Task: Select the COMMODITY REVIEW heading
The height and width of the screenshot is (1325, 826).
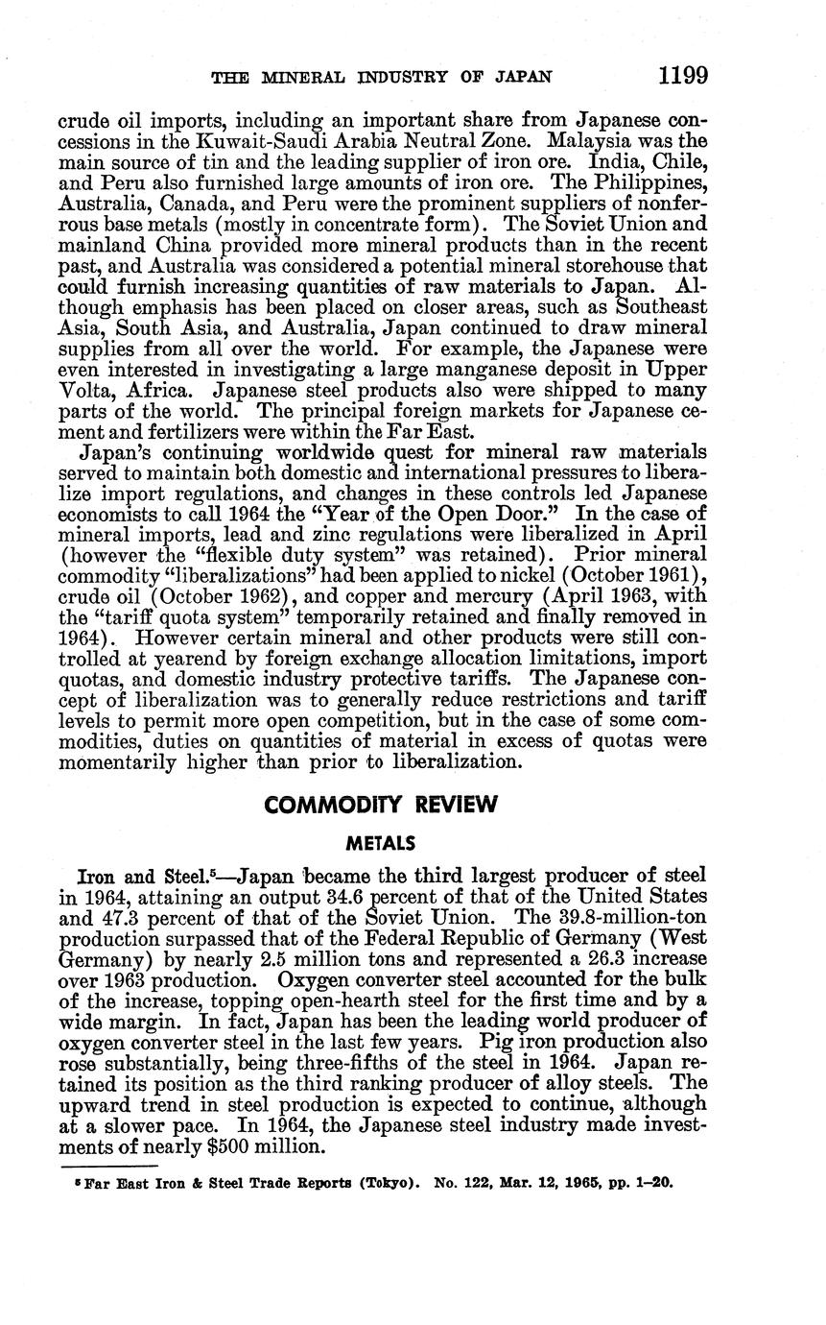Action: pyautogui.click(x=382, y=804)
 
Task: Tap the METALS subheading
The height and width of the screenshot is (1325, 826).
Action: pyautogui.click(x=382, y=843)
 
